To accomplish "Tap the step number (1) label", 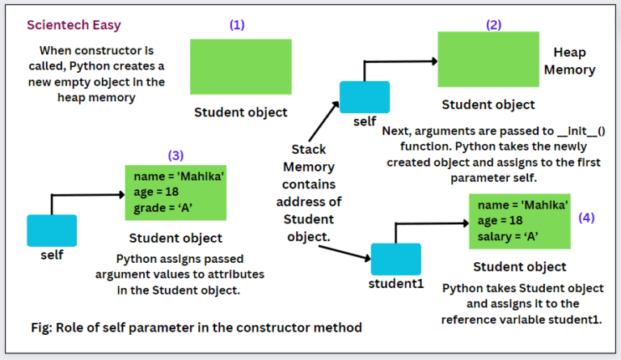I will tap(237, 24).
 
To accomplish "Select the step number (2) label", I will tap(493, 24).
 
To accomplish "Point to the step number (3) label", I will tap(175, 155).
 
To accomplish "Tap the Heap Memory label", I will tap(574, 61).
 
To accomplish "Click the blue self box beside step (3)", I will tap(52, 230).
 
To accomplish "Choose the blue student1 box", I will tap(395, 258).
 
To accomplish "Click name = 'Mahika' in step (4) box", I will tap(522, 205).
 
